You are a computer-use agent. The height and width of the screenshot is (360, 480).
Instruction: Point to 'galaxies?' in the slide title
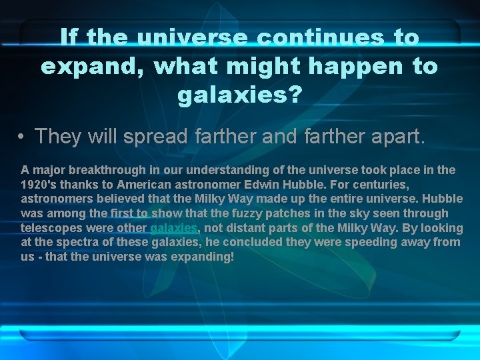(x=239, y=95)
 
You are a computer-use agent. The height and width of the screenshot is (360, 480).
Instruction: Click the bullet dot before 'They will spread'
(x=23, y=137)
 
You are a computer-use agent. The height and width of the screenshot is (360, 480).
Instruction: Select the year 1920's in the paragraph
(x=39, y=185)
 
